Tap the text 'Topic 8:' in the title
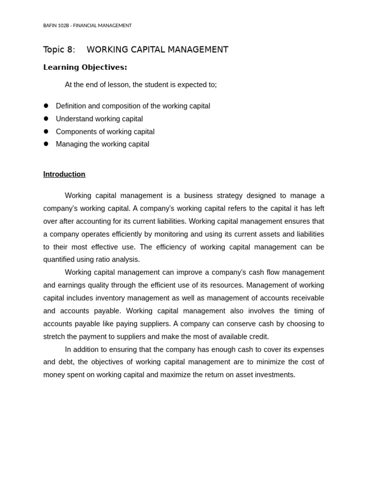59,50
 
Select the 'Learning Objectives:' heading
85,67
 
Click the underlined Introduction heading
64,174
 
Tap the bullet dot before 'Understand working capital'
46,119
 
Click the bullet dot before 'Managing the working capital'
46,144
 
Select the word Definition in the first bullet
71,106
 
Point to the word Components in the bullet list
75,132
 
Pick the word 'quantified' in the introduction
60,259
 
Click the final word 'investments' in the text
274,375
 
